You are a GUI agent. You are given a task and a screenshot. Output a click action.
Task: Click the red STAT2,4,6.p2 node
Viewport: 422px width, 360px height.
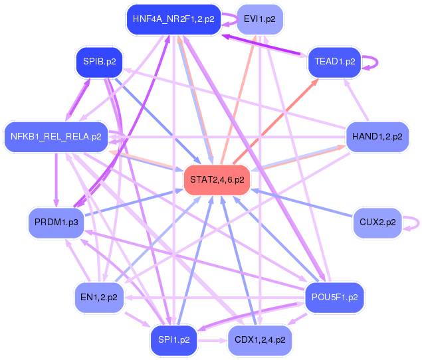coord(217,180)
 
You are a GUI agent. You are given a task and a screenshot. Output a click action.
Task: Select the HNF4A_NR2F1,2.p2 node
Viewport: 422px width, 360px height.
coord(173,19)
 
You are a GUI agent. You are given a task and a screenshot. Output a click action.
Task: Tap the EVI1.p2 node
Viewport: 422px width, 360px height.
coord(260,19)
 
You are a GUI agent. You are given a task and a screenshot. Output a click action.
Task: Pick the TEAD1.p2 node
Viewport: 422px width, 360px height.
coord(335,62)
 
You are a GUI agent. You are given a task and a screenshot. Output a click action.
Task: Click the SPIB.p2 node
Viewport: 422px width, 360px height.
coord(99,62)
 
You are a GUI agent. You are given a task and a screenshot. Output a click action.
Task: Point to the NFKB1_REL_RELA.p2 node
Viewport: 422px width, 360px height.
coord(56,137)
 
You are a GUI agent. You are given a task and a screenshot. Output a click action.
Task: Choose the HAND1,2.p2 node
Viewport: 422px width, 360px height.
coord(377,137)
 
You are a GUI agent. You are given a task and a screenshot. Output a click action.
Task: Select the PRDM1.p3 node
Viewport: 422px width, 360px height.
coord(56,223)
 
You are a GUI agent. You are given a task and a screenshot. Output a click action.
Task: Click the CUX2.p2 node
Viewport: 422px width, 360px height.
coord(377,223)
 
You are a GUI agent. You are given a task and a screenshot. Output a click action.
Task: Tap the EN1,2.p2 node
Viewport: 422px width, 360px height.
coord(99,298)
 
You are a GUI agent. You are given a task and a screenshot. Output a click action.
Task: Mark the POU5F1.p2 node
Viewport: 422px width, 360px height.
coord(335,298)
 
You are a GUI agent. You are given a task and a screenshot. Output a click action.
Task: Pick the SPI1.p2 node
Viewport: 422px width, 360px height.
coord(174,340)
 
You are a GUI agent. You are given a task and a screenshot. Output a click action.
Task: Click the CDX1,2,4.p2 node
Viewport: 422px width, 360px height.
coord(260,340)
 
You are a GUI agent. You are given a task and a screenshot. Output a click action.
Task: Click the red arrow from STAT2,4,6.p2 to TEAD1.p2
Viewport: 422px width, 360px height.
coord(276,121)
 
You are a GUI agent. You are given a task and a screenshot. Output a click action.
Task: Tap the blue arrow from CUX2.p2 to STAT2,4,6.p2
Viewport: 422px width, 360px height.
coord(302,203)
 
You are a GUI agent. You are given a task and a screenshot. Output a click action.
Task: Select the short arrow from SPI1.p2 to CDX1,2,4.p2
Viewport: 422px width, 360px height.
coord(213,341)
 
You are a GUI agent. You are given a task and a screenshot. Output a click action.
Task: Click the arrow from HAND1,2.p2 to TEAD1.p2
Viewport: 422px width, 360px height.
coord(356,100)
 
